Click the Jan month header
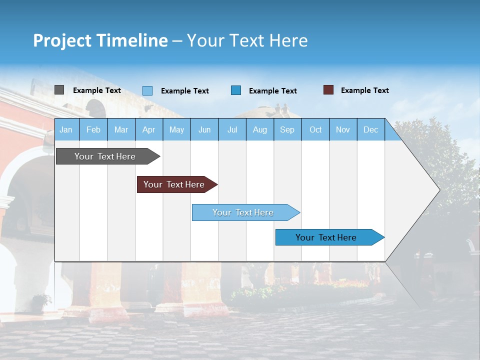pos(66,130)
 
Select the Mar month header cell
pos(121,130)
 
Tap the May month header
pos(176,130)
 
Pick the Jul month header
pos(232,130)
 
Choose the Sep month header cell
pos(287,130)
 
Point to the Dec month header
pos(370,130)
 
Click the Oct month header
pos(315,130)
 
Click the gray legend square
pos(59,90)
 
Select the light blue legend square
pos(147,90)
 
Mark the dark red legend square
pos(328,90)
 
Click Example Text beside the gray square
pos(97,90)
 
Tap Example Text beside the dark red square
pos(365,90)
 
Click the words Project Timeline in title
pos(100,40)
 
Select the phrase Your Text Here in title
pos(247,40)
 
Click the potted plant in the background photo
pos(40,301)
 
